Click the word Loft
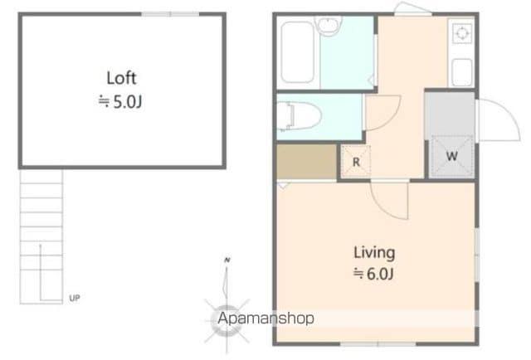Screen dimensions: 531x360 [122, 78]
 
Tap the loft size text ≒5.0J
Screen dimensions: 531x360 [120, 101]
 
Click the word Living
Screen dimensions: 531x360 [374, 253]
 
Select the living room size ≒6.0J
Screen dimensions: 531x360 [373, 274]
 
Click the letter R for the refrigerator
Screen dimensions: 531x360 [356, 163]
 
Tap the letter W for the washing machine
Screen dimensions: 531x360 [451, 156]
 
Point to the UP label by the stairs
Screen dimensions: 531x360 [75, 298]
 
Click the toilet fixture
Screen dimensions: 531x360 [299, 116]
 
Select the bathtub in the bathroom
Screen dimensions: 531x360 [297, 52]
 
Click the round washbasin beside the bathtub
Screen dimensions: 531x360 [328, 25]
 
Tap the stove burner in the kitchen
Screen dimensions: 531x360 [462, 33]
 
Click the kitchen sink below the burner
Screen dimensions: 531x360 [462, 72]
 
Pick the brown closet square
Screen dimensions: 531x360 [306, 162]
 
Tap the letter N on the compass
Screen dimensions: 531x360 [227, 260]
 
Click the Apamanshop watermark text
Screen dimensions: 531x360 [265, 319]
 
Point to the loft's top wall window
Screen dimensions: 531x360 [170, 14]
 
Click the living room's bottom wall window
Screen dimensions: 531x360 [378, 344]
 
